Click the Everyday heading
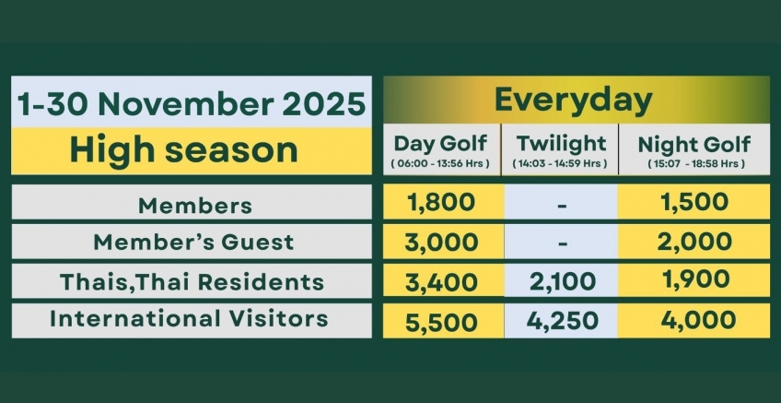(x=573, y=99)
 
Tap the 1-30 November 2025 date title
(x=192, y=103)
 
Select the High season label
(x=184, y=149)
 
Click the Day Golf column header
(x=441, y=145)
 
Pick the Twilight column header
(x=561, y=145)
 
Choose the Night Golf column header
(x=694, y=145)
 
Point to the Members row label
(x=194, y=205)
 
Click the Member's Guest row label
(x=193, y=243)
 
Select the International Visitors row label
(x=189, y=319)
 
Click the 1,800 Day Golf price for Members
(x=441, y=202)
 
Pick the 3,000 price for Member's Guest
(x=441, y=242)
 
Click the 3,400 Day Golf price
(x=441, y=280)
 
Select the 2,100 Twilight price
(x=561, y=280)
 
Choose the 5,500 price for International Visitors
(x=441, y=322)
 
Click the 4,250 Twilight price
(x=561, y=322)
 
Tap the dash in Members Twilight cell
(x=561, y=203)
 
